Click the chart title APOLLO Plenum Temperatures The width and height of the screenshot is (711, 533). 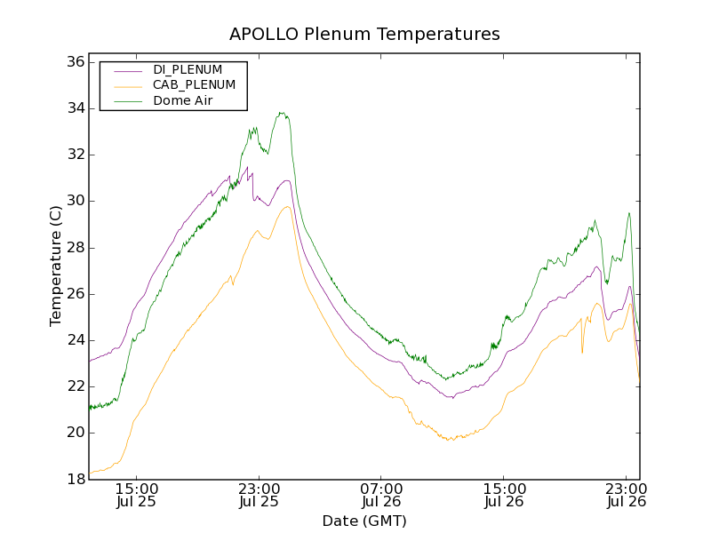pyautogui.click(x=364, y=35)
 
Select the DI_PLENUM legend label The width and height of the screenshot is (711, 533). pyautogui.click(x=188, y=69)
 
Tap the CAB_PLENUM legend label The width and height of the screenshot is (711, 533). pyautogui.click(x=194, y=85)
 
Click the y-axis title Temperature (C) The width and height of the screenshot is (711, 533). pyautogui.click(x=56, y=265)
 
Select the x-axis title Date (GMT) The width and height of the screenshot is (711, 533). pyautogui.click(x=364, y=521)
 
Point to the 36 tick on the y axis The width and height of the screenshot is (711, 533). pyautogui.click(x=75, y=62)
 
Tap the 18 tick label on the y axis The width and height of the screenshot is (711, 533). pyautogui.click(x=75, y=480)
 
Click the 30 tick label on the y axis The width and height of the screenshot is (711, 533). pyautogui.click(x=75, y=202)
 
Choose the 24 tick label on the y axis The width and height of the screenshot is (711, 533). pyautogui.click(x=75, y=340)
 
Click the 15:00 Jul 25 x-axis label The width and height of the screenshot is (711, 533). pyautogui.click(x=137, y=495)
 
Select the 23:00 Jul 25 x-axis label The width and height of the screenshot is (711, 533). pyautogui.click(x=260, y=495)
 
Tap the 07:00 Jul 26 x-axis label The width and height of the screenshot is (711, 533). pyautogui.click(x=382, y=495)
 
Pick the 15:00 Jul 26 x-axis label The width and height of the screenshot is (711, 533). pyautogui.click(x=504, y=495)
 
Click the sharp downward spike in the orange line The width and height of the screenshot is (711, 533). pyautogui.click(x=582, y=353)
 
